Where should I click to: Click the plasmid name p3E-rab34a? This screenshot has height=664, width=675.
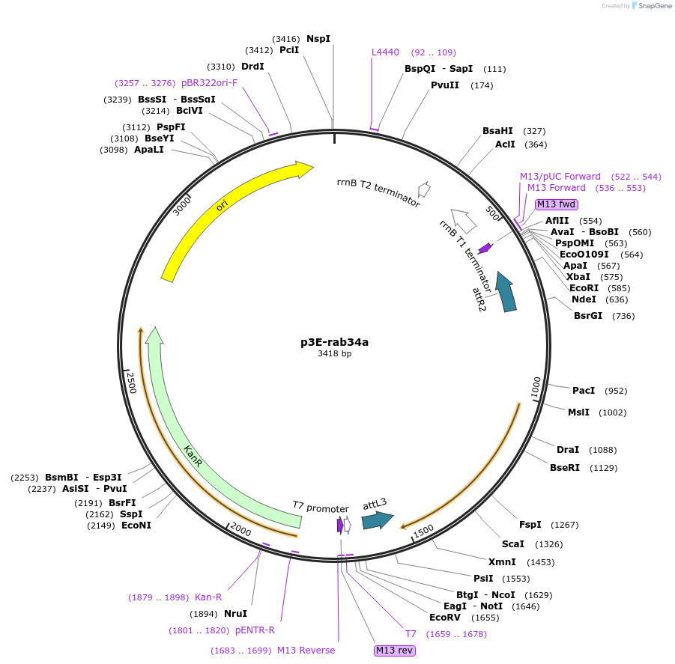[334, 343]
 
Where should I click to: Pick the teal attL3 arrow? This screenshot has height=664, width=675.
[377, 520]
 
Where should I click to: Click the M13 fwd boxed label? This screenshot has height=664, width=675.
[556, 204]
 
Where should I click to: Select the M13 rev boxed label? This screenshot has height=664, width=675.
[394, 651]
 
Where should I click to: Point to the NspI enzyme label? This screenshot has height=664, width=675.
[318, 38]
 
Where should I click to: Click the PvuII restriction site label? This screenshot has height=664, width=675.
[445, 85]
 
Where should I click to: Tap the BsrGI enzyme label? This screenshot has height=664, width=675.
[588, 316]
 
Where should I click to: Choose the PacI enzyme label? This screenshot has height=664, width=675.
[584, 391]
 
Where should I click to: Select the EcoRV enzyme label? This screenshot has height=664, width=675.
[444, 618]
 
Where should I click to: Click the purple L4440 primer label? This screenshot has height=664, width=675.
[386, 52]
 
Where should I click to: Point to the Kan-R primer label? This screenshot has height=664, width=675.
[208, 597]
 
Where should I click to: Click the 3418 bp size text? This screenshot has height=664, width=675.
[334, 354]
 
